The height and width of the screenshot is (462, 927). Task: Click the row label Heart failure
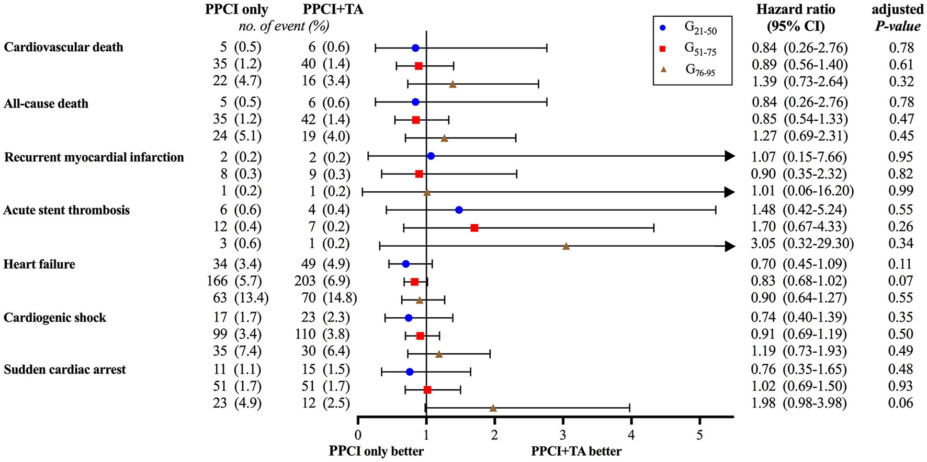click(39, 264)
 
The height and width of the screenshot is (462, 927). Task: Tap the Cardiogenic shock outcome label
click(55, 318)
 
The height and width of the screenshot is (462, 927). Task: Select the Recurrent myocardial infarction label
click(94, 157)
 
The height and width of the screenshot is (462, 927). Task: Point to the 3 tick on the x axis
click(563, 435)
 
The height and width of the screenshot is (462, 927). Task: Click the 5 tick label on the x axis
click(699, 435)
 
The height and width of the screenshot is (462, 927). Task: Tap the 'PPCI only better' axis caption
click(376, 451)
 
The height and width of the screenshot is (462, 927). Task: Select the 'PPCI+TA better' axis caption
click(576, 451)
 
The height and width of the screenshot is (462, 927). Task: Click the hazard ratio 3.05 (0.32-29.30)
click(802, 244)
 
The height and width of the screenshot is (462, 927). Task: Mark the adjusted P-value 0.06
click(901, 403)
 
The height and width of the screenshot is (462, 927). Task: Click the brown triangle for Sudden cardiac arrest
click(493, 408)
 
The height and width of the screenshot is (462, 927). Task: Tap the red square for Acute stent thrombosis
click(474, 228)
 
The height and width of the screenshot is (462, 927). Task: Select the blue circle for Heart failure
click(405, 264)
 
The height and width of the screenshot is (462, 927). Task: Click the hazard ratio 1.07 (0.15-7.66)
click(799, 157)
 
